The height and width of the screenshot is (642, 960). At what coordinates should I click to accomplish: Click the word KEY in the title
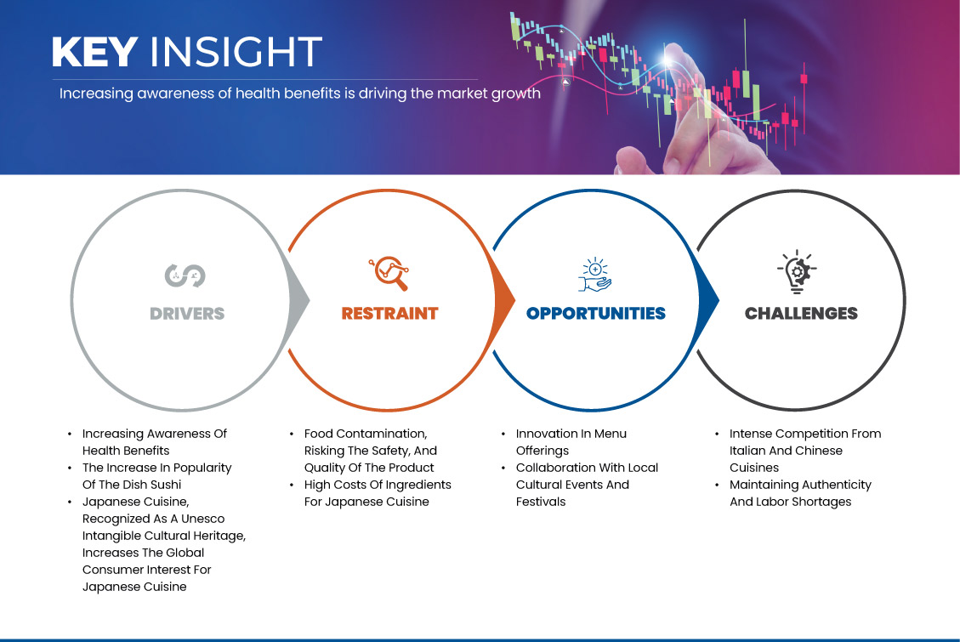(94, 52)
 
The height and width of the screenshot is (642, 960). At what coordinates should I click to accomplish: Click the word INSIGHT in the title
(236, 52)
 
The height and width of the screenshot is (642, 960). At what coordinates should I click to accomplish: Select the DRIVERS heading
(187, 314)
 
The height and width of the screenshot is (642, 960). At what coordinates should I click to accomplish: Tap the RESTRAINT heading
(390, 314)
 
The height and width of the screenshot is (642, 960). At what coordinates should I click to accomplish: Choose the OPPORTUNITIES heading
(596, 314)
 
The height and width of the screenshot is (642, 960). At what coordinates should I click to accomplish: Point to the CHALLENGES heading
(802, 314)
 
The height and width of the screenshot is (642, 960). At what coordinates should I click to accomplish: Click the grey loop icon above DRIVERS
(185, 276)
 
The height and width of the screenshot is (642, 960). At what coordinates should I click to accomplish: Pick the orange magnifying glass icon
(389, 273)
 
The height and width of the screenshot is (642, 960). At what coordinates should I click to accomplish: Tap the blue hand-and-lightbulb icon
(595, 274)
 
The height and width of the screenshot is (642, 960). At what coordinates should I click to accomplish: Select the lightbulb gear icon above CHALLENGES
(797, 272)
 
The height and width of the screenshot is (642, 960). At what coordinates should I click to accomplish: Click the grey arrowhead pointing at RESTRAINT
(299, 300)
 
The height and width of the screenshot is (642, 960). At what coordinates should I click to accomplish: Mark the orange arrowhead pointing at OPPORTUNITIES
(504, 300)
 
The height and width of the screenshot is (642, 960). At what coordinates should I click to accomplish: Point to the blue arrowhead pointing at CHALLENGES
(709, 300)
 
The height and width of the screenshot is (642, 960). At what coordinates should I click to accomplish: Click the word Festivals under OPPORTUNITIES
(541, 502)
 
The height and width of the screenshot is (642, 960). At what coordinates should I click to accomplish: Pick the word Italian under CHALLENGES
(748, 451)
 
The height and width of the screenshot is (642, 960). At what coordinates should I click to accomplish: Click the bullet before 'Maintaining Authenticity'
(717, 486)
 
